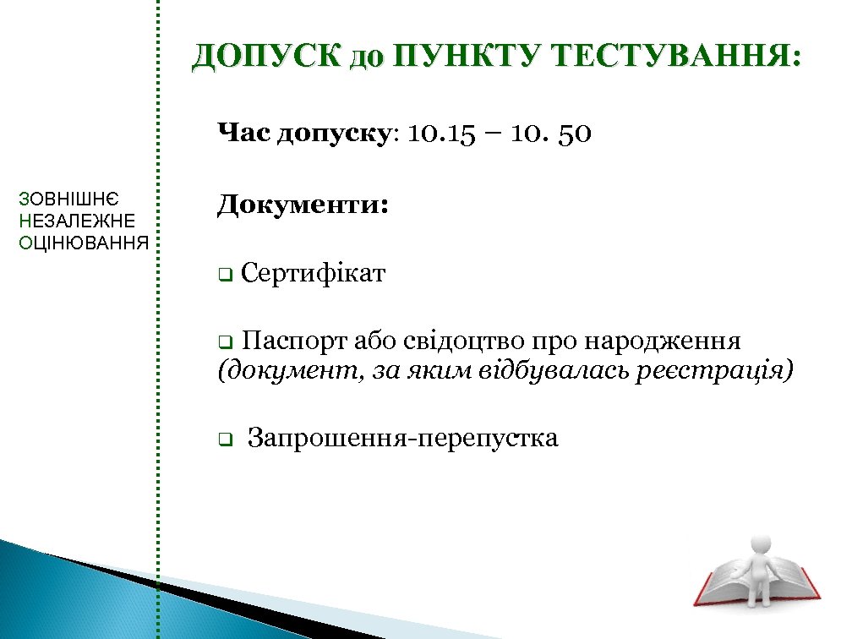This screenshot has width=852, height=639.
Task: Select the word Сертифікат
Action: pos(313,274)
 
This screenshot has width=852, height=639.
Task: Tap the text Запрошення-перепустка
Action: pos(402,439)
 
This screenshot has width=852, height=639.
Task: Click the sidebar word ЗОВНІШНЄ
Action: pos(68,200)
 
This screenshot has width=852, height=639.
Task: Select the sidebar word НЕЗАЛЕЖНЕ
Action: pos(76,221)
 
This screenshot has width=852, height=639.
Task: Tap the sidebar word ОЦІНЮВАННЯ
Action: pos(83,243)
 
